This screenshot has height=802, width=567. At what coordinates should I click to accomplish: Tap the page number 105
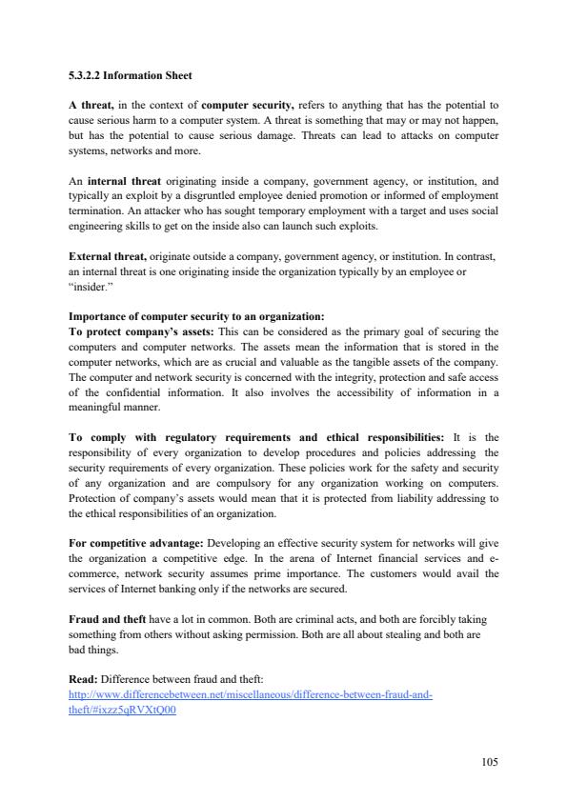pyautogui.click(x=489, y=761)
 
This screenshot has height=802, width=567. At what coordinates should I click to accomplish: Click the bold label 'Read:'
pyautogui.click(x=83, y=667)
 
